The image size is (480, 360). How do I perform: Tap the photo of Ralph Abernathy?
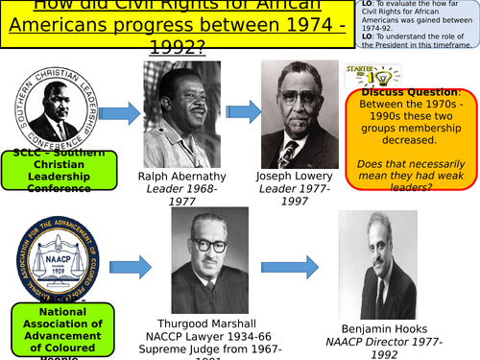click(x=182, y=113)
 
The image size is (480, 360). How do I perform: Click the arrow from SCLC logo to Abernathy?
click(x=119, y=114)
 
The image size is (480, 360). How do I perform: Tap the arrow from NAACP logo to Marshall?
click(x=131, y=266)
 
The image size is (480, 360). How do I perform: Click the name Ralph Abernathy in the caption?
click(x=182, y=176)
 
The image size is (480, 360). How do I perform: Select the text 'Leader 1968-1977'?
click(x=182, y=197)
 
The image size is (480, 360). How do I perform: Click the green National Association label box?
click(x=61, y=331)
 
